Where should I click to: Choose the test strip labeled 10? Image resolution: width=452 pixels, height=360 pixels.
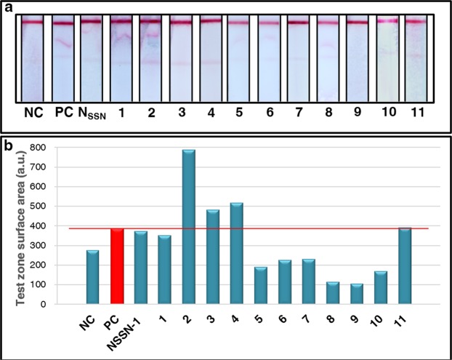pos(385,58)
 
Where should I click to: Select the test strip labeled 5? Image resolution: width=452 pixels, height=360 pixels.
pos(238,58)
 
